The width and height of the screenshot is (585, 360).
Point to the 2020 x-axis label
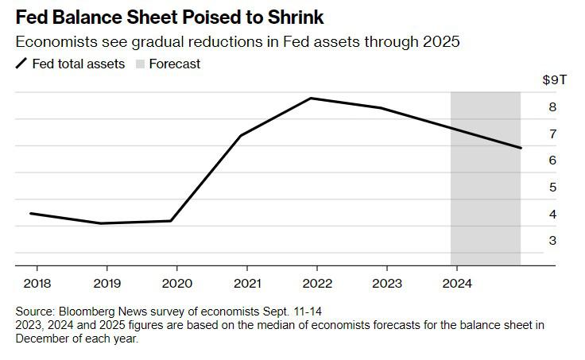[176, 282]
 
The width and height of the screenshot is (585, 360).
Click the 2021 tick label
[247, 282]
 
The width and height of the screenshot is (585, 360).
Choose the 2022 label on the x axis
[318, 282]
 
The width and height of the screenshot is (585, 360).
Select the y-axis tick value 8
[552, 107]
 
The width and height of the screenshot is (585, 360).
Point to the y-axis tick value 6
[552, 161]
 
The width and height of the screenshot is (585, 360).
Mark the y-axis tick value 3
[552, 241]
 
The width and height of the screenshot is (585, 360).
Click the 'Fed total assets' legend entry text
[78, 64]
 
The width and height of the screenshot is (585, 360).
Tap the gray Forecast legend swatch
[141, 64]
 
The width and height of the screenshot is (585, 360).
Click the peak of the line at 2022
[311, 99]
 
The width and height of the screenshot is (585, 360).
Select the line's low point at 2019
[101, 223]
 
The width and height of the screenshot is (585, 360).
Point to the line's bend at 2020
[171, 221]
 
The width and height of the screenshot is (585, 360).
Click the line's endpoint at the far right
[521, 148]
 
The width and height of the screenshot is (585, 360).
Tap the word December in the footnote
[44, 339]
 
